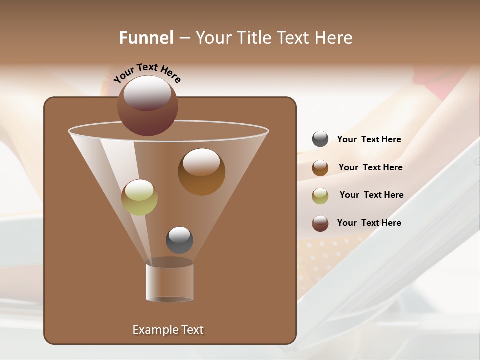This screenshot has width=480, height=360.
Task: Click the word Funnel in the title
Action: (x=146, y=38)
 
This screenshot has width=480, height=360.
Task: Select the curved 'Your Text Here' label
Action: (x=147, y=72)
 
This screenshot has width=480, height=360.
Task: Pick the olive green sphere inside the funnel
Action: (x=139, y=198)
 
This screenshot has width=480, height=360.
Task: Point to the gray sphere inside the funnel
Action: (x=179, y=240)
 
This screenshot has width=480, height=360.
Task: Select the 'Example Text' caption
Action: (x=168, y=330)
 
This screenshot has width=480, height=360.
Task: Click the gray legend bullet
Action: (x=320, y=139)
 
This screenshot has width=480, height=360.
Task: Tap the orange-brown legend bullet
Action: (x=320, y=168)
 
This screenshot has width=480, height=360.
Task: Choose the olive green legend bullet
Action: (x=320, y=196)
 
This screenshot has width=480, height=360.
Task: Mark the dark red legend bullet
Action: (x=320, y=223)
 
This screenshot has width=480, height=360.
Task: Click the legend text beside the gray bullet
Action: (x=369, y=140)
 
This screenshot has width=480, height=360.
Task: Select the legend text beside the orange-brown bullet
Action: (x=370, y=168)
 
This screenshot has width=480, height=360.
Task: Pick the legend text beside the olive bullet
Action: (x=371, y=195)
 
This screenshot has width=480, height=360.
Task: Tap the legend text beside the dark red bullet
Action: (x=369, y=223)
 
